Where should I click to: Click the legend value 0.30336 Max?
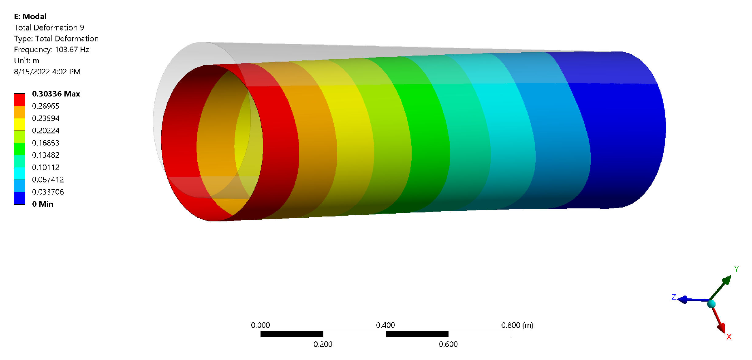(56, 94)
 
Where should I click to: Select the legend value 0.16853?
(45, 143)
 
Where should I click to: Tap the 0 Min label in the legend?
(43, 204)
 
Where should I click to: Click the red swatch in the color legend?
(19, 100)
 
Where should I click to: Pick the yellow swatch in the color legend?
(19, 124)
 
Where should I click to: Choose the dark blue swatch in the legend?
(19, 198)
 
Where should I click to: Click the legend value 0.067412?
(48, 180)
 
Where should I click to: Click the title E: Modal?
(30, 17)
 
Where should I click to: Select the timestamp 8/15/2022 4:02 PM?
(47, 72)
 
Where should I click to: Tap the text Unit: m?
(26, 61)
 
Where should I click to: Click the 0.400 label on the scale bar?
(385, 325)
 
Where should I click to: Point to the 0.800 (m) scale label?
(517, 325)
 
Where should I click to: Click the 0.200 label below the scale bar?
(323, 344)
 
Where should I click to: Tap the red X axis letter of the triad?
(728, 337)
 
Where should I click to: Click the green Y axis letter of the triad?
(736, 269)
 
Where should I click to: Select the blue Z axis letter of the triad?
(673, 297)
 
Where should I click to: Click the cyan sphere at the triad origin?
(711, 304)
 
